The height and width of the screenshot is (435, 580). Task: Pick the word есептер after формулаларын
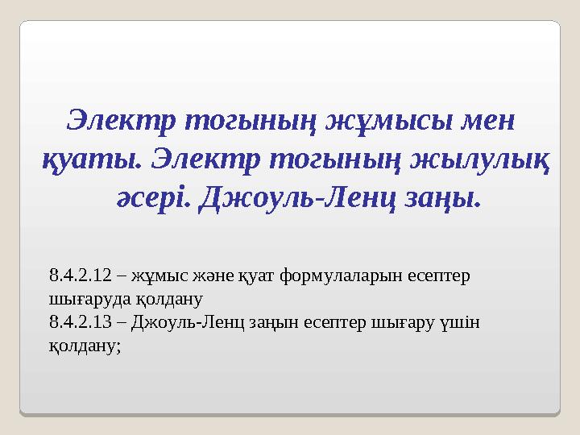click(x=438, y=276)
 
